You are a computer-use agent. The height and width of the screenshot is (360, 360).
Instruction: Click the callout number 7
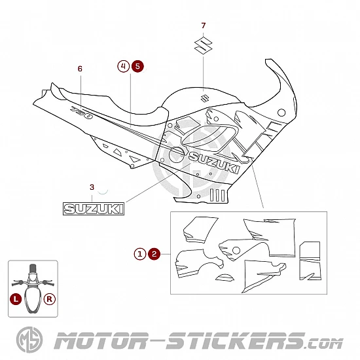coord(203,26)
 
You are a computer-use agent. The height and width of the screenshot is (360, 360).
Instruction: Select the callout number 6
coord(80,69)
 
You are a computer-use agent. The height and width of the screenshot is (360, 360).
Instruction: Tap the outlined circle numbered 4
coord(124,66)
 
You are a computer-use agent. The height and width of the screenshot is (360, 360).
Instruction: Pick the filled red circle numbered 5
coord(137,66)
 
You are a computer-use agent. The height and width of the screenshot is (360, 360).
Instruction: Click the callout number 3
coord(92,187)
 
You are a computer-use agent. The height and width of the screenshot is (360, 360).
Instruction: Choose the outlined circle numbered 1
coord(140,254)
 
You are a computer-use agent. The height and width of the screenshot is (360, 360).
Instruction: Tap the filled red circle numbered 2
coord(154,254)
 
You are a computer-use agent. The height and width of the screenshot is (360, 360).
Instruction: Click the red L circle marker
coord(16,299)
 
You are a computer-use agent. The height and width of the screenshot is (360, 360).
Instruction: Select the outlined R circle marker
coord(50,299)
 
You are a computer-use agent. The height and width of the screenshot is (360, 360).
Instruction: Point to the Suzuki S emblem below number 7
coord(203,45)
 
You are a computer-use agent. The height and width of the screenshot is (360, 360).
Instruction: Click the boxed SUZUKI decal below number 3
coord(94,209)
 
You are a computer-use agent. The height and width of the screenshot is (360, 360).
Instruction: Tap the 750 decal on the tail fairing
coord(82,113)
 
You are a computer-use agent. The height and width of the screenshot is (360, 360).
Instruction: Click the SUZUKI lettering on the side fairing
coord(214,162)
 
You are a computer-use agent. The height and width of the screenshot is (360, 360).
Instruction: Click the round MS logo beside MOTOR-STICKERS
coord(29,340)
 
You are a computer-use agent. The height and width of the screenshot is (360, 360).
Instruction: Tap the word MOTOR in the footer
coord(101,341)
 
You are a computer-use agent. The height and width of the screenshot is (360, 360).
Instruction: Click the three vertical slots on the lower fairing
coord(217,195)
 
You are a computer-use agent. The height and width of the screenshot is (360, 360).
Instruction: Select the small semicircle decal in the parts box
coord(225,278)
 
